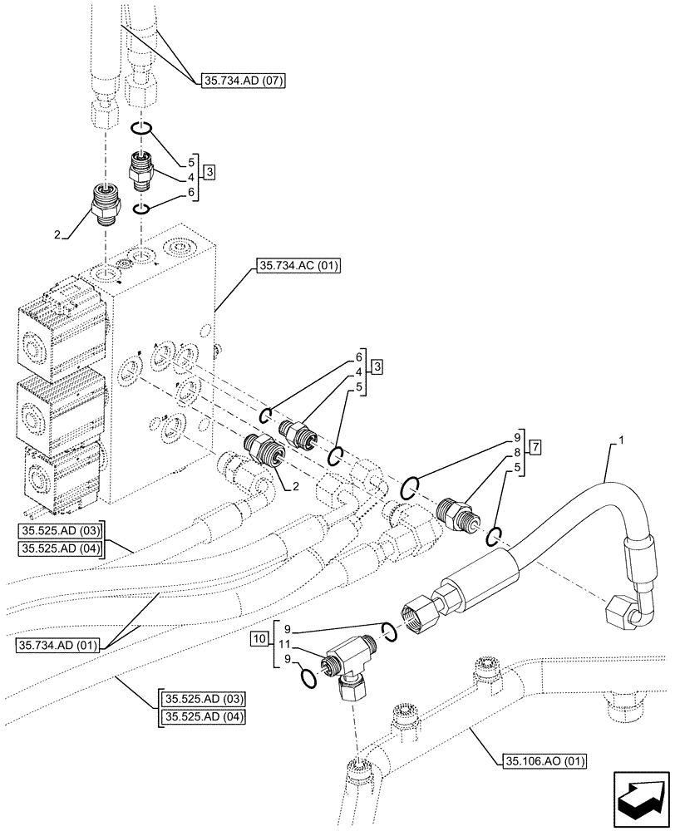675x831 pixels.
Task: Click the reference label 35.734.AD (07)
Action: click(x=242, y=81)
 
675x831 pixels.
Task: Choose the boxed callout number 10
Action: click(x=259, y=640)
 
